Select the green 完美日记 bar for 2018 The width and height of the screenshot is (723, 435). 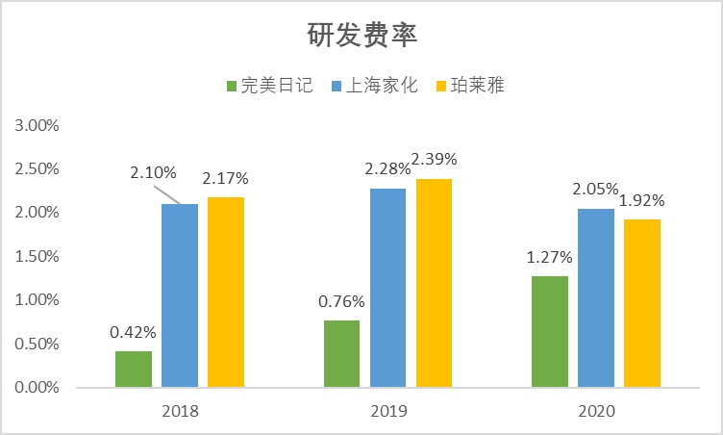134,370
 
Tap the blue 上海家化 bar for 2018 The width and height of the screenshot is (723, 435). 180,295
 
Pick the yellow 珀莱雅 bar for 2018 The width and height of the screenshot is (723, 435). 226,293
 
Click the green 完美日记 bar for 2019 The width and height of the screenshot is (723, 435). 341,354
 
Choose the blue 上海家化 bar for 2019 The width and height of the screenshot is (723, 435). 387,288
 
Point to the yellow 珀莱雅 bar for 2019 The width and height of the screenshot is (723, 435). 434,283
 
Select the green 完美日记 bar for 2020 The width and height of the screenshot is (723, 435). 549,332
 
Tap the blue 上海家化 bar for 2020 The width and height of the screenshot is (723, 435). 596,298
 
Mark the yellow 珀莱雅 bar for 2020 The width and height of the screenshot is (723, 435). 642,303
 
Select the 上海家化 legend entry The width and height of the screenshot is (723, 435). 373,86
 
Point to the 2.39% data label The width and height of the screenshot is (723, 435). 435,159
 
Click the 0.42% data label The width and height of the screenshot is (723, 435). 133,332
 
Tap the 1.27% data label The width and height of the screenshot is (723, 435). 549,257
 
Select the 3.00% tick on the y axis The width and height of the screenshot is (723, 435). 37,125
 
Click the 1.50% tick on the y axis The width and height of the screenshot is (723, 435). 37,257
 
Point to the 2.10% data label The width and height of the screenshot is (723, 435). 154,173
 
